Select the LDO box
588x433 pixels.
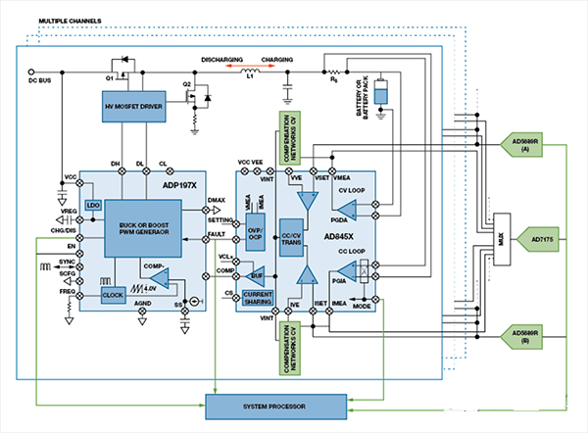[x=93, y=206]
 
